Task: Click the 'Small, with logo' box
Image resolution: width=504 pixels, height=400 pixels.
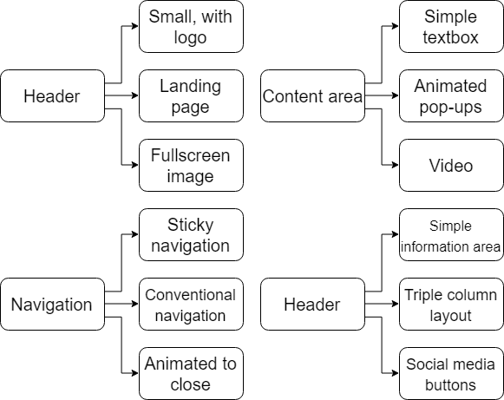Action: pyautogui.click(x=191, y=26)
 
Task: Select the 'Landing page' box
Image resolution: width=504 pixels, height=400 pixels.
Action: pyautogui.click(x=191, y=95)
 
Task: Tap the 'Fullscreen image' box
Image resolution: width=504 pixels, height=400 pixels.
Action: pyautogui.click(x=191, y=165)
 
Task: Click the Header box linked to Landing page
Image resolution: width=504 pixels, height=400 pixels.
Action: pyautogui.click(x=52, y=95)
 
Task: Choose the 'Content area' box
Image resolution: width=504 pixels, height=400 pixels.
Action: pyautogui.click(x=313, y=95)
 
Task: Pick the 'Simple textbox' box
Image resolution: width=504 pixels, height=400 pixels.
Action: pyautogui.click(x=451, y=26)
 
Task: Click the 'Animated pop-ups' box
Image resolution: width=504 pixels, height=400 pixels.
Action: pyautogui.click(x=451, y=95)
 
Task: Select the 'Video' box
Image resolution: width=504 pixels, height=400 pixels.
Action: pyautogui.click(x=451, y=165)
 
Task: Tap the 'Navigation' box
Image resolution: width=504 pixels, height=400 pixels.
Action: pyautogui.click(x=52, y=305)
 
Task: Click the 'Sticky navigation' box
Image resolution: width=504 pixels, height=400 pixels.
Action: pyautogui.click(x=191, y=235)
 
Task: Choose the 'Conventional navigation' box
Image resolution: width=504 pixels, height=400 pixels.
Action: pyautogui.click(x=191, y=305)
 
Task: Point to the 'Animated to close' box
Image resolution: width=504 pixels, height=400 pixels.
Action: pyautogui.click(x=191, y=374)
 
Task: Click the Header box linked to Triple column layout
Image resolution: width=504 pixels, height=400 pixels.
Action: pyautogui.click(x=313, y=305)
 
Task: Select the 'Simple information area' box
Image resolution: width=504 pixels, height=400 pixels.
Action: pyautogui.click(x=451, y=235)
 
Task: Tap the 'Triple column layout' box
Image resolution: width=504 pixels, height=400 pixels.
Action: pyautogui.click(x=451, y=305)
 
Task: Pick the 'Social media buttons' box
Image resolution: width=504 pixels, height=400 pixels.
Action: pyautogui.click(x=451, y=374)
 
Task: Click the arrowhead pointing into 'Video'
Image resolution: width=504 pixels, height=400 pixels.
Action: pyautogui.click(x=396, y=165)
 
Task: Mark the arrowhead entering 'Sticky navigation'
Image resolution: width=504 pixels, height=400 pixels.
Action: pyautogui.click(x=135, y=234)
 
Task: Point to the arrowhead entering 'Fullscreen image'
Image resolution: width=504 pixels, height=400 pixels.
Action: pyautogui.click(x=135, y=165)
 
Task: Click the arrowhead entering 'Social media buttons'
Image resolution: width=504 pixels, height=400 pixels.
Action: pyautogui.click(x=396, y=373)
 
